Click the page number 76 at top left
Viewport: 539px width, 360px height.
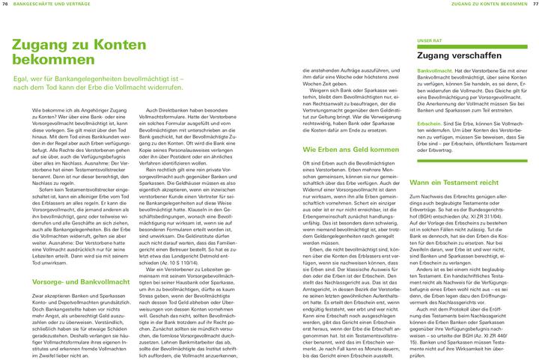(x=7, y=4)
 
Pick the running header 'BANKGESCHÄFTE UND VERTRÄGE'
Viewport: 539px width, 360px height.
(x=46, y=4)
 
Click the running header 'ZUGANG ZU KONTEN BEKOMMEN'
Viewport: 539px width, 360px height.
(x=487, y=4)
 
